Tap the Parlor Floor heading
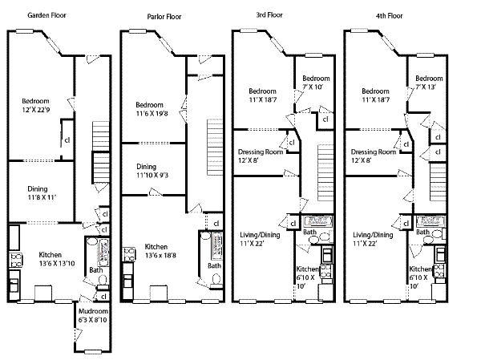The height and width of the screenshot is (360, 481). [x=166, y=16]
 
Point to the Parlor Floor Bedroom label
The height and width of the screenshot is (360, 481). [x=150, y=105]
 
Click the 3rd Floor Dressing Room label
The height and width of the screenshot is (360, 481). [x=262, y=152]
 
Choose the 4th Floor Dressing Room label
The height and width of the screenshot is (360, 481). [x=374, y=152]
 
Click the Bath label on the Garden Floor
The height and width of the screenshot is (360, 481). [x=95, y=270]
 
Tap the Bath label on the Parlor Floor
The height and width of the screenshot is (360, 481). [x=214, y=265]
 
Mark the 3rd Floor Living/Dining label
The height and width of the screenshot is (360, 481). [x=261, y=235]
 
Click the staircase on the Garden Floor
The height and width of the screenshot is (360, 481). [x=99, y=152]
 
